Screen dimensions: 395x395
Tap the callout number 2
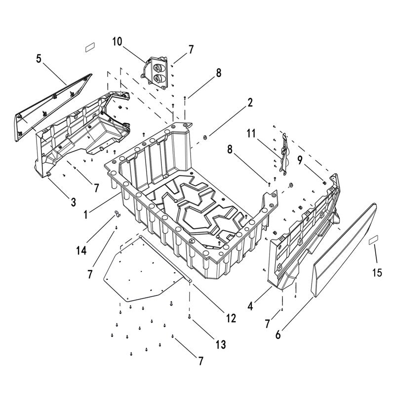pos(250,103)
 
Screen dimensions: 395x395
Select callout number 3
pos(73,201)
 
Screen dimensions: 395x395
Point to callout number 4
pos(251,306)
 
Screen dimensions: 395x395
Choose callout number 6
pos(278,334)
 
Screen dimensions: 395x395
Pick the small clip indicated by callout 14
pos(117,213)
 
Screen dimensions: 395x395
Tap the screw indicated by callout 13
pos(190,316)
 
